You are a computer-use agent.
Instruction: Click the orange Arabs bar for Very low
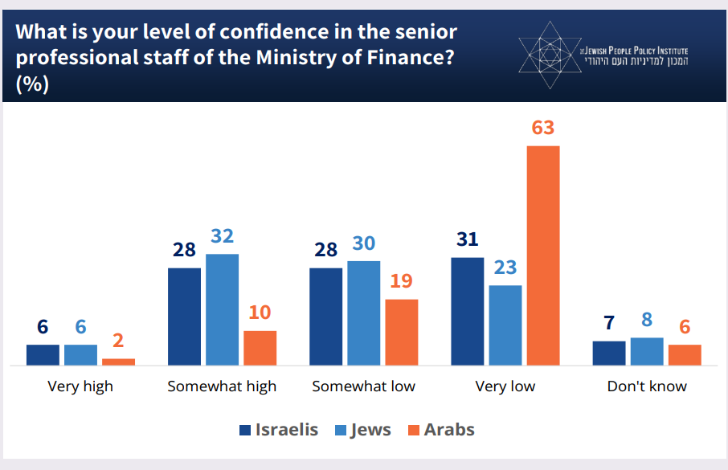[542, 255]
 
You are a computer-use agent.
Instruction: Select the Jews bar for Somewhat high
[222, 309]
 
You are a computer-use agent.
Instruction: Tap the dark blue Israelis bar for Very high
[43, 355]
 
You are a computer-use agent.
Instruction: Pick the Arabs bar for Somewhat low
[402, 333]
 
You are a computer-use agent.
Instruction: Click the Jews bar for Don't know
[647, 352]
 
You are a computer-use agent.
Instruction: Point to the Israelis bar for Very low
[468, 312]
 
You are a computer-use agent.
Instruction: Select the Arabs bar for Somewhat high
[260, 348]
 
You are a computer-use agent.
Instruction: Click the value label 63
[543, 129]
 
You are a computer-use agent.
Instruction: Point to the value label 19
[402, 282]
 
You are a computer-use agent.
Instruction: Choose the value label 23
[505, 268]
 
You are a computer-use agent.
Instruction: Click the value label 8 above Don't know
[648, 321]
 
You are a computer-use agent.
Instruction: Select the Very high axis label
[80, 386]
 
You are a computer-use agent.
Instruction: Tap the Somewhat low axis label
[363, 386]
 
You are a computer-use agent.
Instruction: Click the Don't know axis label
[647, 386]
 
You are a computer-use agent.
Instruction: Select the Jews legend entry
[362, 430]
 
